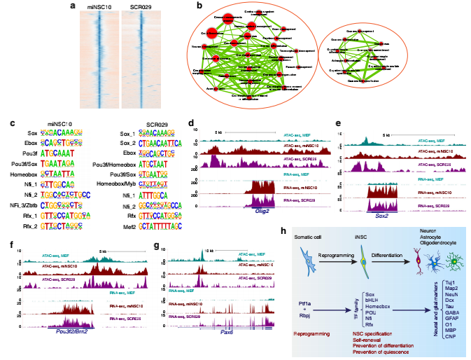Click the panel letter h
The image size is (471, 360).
coord(281,231)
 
